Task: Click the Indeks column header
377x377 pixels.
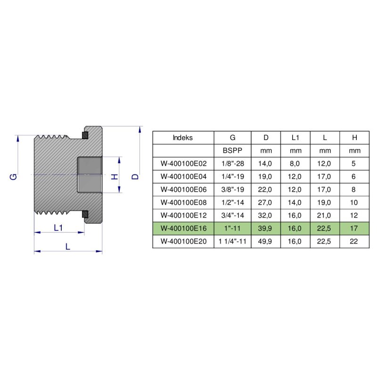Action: [x=183, y=138]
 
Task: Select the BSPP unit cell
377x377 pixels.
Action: [x=232, y=151]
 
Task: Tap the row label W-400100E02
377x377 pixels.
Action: [x=183, y=164]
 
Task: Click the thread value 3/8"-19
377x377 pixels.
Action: [x=232, y=190]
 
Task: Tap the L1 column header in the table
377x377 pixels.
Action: [x=295, y=138]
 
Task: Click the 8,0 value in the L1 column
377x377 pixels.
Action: [x=295, y=164]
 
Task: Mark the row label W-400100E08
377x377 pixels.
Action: [x=183, y=203]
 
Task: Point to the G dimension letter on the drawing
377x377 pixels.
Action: [x=14, y=176]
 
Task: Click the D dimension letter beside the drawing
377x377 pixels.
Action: [x=135, y=176]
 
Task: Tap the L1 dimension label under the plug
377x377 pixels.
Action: [x=58, y=227]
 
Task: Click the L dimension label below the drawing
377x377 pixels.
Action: [x=68, y=246]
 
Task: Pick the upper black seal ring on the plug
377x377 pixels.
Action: [x=85, y=136]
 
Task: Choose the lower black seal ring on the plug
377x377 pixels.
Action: [x=85, y=214]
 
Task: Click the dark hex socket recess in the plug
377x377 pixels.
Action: [x=90, y=174]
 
